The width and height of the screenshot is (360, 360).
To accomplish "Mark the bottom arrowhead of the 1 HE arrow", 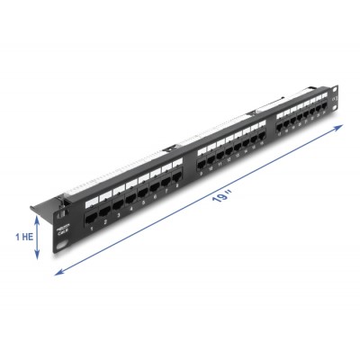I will [37, 258].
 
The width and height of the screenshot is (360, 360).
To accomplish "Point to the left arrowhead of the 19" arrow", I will [56, 274].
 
